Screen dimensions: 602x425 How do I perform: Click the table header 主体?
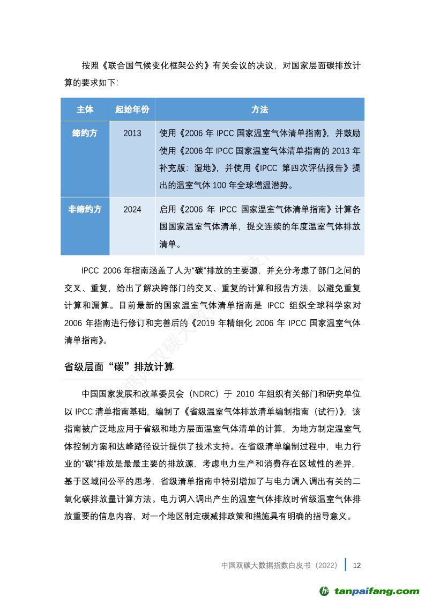click(x=85, y=109)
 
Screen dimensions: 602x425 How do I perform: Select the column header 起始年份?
click(x=132, y=109)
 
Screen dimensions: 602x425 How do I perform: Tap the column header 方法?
click(x=259, y=109)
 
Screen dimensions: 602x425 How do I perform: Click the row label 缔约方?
click(x=85, y=133)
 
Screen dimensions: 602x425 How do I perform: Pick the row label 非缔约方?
click(x=85, y=209)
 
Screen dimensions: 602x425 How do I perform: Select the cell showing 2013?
click(x=132, y=133)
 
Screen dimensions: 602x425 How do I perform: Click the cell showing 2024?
click(x=132, y=209)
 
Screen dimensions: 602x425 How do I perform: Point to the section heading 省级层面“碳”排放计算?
click(x=119, y=368)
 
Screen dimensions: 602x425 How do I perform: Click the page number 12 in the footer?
click(x=357, y=565)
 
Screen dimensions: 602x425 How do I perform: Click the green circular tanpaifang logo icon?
click(x=325, y=591)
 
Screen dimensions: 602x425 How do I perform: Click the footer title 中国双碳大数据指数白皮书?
click(x=266, y=565)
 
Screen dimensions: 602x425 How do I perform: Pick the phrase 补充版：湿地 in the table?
click(x=187, y=167)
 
